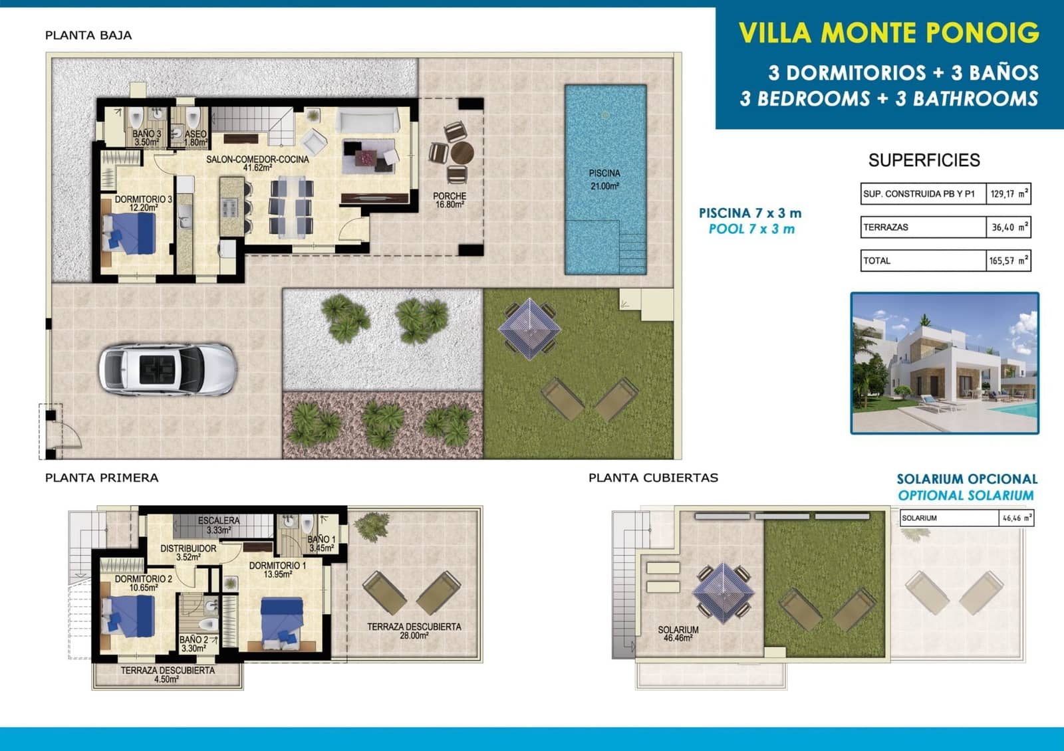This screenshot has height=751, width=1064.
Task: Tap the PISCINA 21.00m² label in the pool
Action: click(604, 179)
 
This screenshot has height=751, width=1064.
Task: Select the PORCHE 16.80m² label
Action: click(450, 200)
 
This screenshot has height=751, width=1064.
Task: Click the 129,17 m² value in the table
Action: click(1008, 194)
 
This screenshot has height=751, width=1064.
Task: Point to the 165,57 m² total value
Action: click(1008, 261)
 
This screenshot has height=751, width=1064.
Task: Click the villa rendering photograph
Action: click(944, 364)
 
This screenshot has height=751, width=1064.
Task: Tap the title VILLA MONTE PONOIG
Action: click(888, 33)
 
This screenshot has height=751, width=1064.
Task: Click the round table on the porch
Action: click(462, 152)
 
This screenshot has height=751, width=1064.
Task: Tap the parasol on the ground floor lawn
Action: click(529, 328)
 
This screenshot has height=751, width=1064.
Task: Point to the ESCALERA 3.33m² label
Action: click(218, 525)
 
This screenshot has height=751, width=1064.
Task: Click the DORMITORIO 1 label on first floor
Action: click(277, 570)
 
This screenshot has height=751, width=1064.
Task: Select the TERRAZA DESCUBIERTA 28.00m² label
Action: click(414, 631)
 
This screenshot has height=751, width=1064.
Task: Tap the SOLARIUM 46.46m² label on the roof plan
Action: click(678, 633)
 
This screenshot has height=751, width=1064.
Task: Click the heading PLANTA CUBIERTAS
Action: click(653, 478)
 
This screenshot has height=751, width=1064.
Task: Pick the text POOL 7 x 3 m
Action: click(751, 229)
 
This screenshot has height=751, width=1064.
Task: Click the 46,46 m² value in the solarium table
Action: click(1017, 518)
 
